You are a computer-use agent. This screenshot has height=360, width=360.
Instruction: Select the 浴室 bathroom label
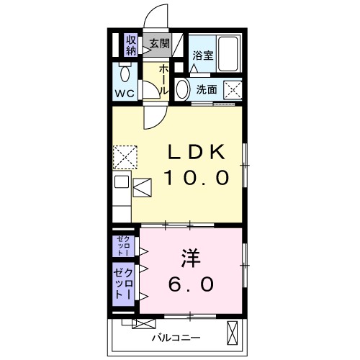[x=202, y=57]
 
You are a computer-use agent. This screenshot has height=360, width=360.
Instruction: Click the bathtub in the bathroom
[x=229, y=50]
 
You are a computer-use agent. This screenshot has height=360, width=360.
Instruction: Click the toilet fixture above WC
[x=125, y=72]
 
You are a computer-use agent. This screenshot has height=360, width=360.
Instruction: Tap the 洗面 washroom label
[x=207, y=89]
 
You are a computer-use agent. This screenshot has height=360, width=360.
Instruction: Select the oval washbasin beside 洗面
[x=183, y=90]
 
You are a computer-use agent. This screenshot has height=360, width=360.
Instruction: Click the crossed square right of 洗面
[x=233, y=90]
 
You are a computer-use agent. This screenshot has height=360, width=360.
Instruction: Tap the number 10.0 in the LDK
[x=197, y=177]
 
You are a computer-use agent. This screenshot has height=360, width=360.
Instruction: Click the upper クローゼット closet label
[x=122, y=246]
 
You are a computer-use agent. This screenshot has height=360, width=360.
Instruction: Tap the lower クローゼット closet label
[x=122, y=285]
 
